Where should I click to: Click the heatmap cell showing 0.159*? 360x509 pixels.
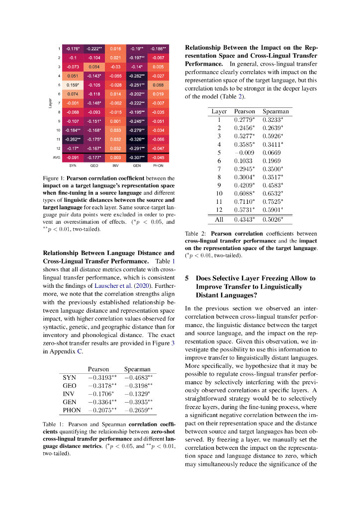(73, 85)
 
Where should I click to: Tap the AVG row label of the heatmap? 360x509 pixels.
(56, 157)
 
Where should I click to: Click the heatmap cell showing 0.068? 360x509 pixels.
(158, 85)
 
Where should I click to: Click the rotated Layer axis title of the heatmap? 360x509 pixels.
(50, 103)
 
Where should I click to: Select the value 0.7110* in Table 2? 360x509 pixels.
(244, 201)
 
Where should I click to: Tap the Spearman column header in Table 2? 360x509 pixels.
(275, 111)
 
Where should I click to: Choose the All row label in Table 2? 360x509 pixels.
(219, 219)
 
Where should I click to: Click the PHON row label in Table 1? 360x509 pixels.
(72, 410)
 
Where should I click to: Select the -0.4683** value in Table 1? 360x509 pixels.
(138, 378)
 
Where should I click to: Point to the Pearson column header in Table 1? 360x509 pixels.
(98, 369)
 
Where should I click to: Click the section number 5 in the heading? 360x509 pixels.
(187, 278)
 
